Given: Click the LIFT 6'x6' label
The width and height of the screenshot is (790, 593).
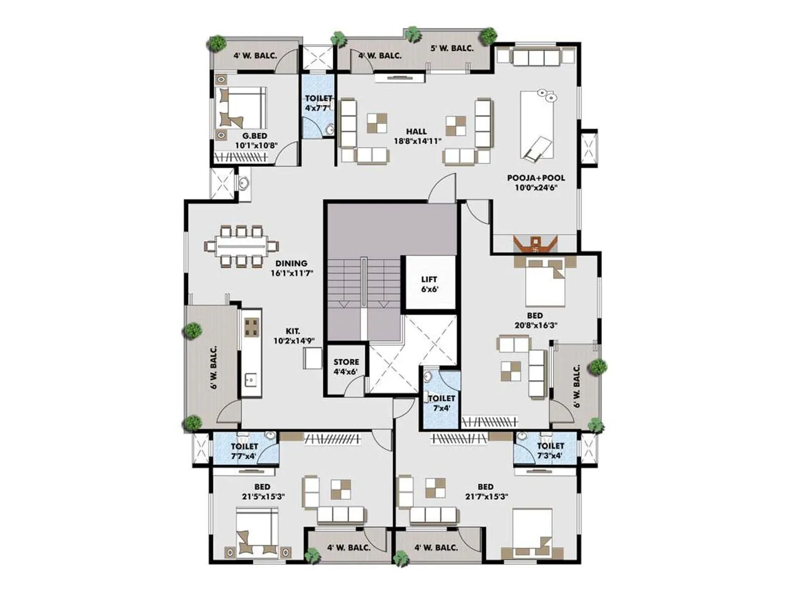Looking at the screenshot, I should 429,284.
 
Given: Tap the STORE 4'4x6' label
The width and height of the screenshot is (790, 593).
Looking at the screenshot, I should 346,367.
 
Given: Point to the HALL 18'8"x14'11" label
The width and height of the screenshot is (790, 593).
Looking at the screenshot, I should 417,136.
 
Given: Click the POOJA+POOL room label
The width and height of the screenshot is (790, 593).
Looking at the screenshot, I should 536,182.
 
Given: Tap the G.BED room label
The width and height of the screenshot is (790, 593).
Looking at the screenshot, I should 256,140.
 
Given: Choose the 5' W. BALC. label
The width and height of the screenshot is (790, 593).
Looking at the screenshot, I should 452,48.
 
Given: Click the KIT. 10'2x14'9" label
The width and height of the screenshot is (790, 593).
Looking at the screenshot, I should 293,336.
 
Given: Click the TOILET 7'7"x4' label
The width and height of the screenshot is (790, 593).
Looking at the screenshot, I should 244,451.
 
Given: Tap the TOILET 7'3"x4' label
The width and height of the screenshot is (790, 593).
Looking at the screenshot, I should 550,451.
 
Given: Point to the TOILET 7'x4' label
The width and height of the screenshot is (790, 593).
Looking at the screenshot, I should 441,403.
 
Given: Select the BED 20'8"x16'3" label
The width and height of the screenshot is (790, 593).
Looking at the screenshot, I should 535,320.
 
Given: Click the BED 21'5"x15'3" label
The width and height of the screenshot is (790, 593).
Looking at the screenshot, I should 263,492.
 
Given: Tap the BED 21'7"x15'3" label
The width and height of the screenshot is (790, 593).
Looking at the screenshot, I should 486,492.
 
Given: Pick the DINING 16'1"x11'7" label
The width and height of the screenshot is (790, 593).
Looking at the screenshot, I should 291,268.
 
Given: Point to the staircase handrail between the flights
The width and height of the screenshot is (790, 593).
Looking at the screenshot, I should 364,289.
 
